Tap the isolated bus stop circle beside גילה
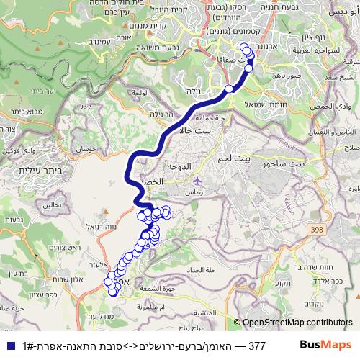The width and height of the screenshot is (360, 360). [229, 89]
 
